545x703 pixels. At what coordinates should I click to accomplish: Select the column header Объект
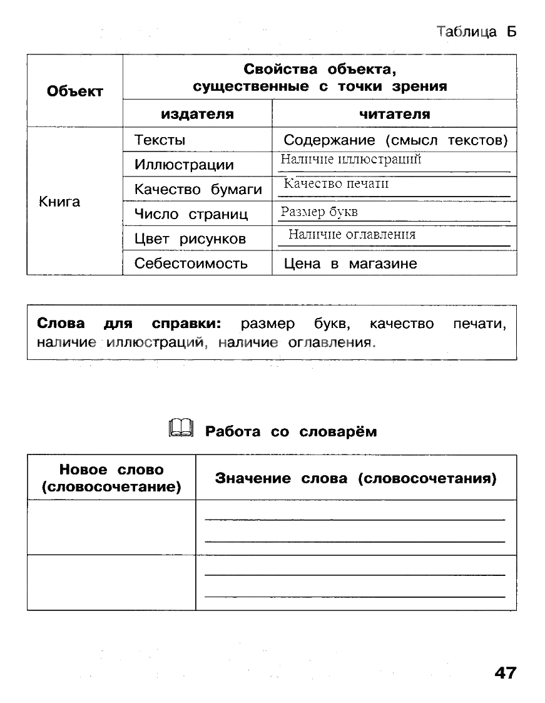[x=75, y=91]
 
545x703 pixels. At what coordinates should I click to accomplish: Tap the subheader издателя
[x=197, y=114]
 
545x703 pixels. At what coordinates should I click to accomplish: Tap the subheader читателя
[x=394, y=114]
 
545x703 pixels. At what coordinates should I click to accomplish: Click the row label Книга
[x=59, y=202]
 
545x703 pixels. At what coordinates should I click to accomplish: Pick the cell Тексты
[x=160, y=140]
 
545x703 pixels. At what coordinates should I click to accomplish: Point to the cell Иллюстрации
[x=184, y=165]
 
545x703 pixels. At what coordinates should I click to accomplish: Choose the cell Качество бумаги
[x=198, y=190]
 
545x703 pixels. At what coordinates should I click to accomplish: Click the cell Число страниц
[x=191, y=214]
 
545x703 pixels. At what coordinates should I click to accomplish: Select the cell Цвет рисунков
[x=190, y=239]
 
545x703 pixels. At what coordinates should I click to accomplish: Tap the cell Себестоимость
[x=191, y=264]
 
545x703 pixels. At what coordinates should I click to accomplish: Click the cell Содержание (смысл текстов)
[x=395, y=140]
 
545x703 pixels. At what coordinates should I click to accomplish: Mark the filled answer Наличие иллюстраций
[x=351, y=160]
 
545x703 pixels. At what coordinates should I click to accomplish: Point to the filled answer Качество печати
[x=336, y=184]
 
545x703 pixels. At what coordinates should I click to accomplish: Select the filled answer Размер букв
[x=319, y=212]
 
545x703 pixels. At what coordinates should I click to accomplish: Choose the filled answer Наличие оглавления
[x=352, y=235]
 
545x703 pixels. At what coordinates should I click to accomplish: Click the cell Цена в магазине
[x=350, y=264]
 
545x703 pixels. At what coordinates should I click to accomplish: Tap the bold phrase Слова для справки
[x=130, y=324]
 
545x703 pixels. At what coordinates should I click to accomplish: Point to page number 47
[x=506, y=673]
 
